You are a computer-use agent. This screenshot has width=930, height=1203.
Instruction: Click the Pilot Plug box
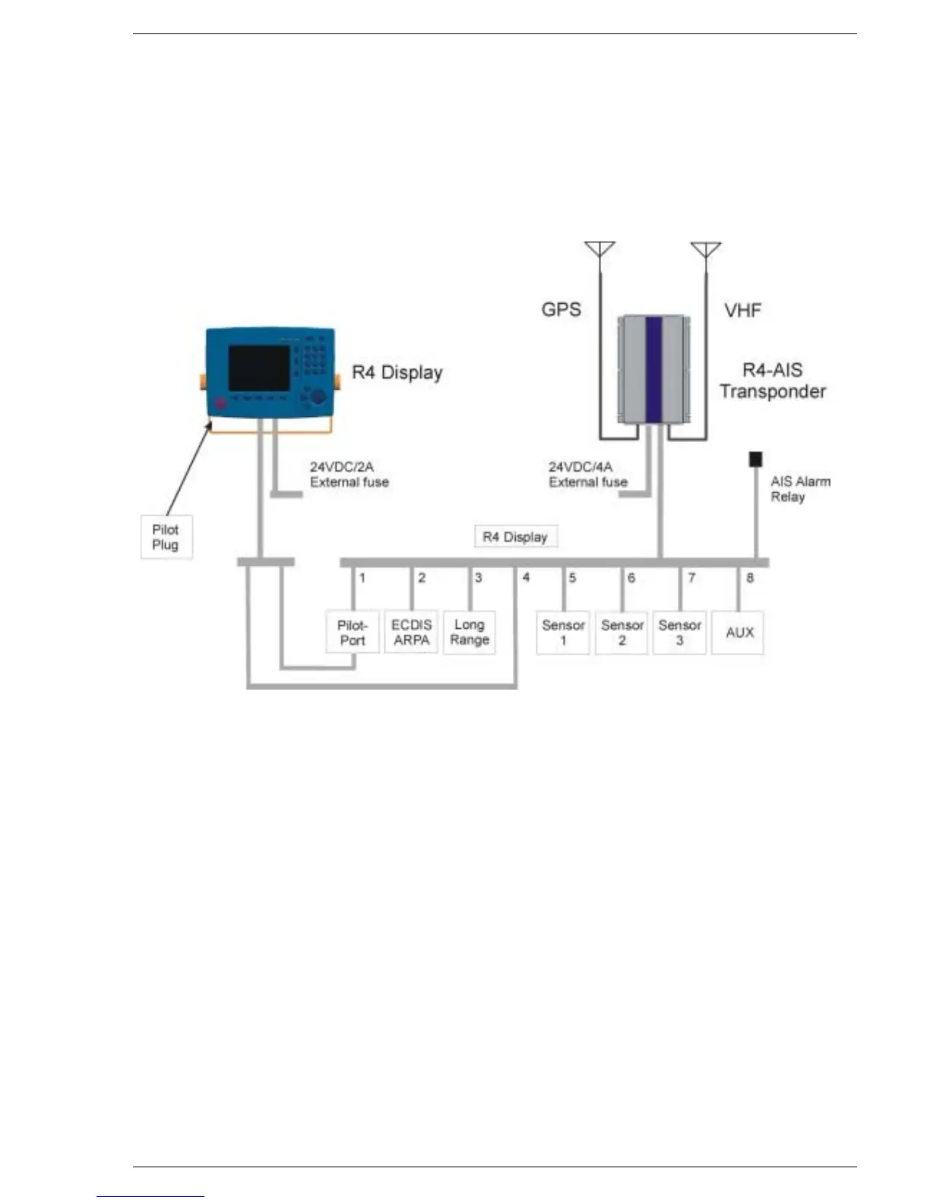click(x=166, y=537)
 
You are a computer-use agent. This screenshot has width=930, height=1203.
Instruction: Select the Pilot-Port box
click(x=353, y=632)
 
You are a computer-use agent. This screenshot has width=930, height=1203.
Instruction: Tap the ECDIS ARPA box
click(x=411, y=632)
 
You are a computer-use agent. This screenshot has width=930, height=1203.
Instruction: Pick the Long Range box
click(x=470, y=632)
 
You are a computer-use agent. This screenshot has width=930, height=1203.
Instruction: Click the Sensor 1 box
click(x=563, y=632)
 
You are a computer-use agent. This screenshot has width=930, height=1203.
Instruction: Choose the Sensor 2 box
click(x=622, y=632)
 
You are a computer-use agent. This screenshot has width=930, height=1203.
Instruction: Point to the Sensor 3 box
click(x=679, y=632)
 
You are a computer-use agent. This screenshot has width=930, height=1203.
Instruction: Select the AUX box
click(x=739, y=632)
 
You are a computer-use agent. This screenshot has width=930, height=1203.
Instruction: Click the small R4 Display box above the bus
click(x=515, y=537)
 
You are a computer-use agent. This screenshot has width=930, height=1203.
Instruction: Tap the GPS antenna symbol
click(x=599, y=250)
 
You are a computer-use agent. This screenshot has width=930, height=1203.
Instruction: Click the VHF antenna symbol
click(x=706, y=250)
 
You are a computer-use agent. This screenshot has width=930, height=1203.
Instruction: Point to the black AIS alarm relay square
click(x=755, y=459)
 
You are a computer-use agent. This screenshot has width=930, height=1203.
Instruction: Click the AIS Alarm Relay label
click(x=800, y=489)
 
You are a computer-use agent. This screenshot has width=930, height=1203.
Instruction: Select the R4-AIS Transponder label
click(x=773, y=380)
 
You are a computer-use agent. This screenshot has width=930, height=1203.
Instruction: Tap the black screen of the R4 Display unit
click(x=259, y=368)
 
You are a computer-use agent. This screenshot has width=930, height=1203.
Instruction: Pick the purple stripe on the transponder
click(x=653, y=368)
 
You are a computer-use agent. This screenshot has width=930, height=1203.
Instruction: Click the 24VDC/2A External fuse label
click(x=349, y=475)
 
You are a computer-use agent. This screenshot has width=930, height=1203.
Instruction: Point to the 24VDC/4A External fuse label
click(x=588, y=475)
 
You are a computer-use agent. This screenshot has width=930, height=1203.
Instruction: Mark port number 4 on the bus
click(x=526, y=578)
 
